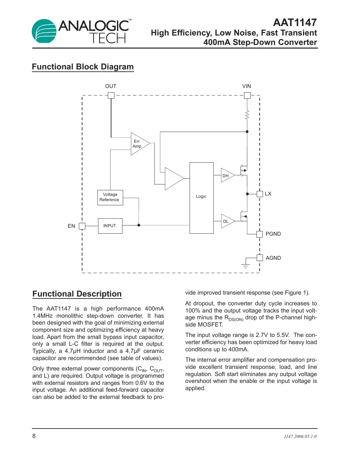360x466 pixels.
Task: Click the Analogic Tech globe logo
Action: coord(44,31)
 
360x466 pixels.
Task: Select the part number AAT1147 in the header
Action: coord(295,22)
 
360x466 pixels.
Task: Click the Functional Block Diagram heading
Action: coord(83,67)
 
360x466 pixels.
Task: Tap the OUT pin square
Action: coord(111,95)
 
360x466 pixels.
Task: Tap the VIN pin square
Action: coord(247,95)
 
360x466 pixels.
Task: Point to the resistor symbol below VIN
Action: coord(247,115)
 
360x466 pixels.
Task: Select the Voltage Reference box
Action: coord(110,197)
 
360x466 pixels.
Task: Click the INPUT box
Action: coord(110,226)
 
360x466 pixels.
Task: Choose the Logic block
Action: coord(201,198)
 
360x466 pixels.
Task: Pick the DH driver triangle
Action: coord(227,175)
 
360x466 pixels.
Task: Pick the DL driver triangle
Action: coord(227,221)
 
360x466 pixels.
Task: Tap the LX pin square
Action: coord(260,194)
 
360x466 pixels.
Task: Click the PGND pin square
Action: coord(260,234)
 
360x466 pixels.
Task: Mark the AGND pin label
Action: coord(273,258)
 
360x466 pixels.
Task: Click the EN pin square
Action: coord(82,226)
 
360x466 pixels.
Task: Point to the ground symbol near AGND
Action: coord(246,265)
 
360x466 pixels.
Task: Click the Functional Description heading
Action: coord(77,294)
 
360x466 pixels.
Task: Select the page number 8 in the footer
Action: coord(34,436)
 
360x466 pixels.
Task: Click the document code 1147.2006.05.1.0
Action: coord(300,436)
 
